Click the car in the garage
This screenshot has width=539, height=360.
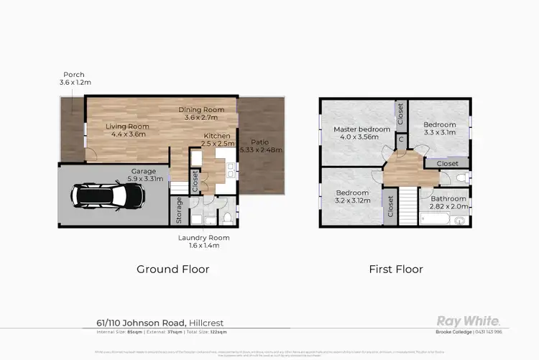(109, 195)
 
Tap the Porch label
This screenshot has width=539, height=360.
(74, 74)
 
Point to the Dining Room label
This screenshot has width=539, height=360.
(201, 109)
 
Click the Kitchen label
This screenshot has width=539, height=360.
(216, 135)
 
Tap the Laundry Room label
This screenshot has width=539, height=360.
(203, 238)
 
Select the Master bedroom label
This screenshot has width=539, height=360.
(361, 129)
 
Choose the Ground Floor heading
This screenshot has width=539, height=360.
(173, 269)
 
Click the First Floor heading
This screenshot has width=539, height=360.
(395, 269)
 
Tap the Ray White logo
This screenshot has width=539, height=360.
(469, 320)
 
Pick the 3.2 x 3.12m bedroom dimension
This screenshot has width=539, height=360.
(352, 201)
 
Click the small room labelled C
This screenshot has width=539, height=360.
(400, 139)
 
